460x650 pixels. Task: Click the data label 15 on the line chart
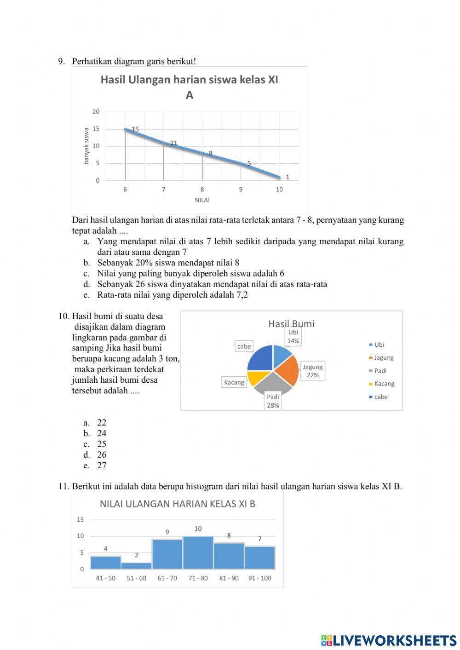pyautogui.click(x=135, y=129)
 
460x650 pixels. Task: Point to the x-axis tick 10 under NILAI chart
pyautogui.click(x=279, y=190)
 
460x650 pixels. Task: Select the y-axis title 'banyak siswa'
pyautogui.click(x=86, y=146)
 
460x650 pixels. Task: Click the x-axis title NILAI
pyautogui.click(x=202, y=200)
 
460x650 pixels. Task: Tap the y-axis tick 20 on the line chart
pyautogui.click(x=96, y=112)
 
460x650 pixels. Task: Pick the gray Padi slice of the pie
pyautogui.click(x=273, y=384)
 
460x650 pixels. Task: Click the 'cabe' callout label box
pyautogui.click(x=244, y=346)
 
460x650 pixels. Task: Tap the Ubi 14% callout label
pyautogui.click(x=293, y=336)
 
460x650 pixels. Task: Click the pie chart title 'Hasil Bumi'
pyautogui.click(x=291, y=324)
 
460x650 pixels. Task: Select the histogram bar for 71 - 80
pyautogui.click(x=198, y=553)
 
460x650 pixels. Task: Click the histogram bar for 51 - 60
pyautogui.click(x=137, y=566)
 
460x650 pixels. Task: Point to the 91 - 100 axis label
pyautogui.click(x=259, y=578)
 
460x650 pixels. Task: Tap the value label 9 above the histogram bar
pyautogui.click(x=167, y=532)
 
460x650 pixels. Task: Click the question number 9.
pyautogui.click(x=61, y=61)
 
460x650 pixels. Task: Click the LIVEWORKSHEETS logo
pyautogui.click(x=389, y=640)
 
